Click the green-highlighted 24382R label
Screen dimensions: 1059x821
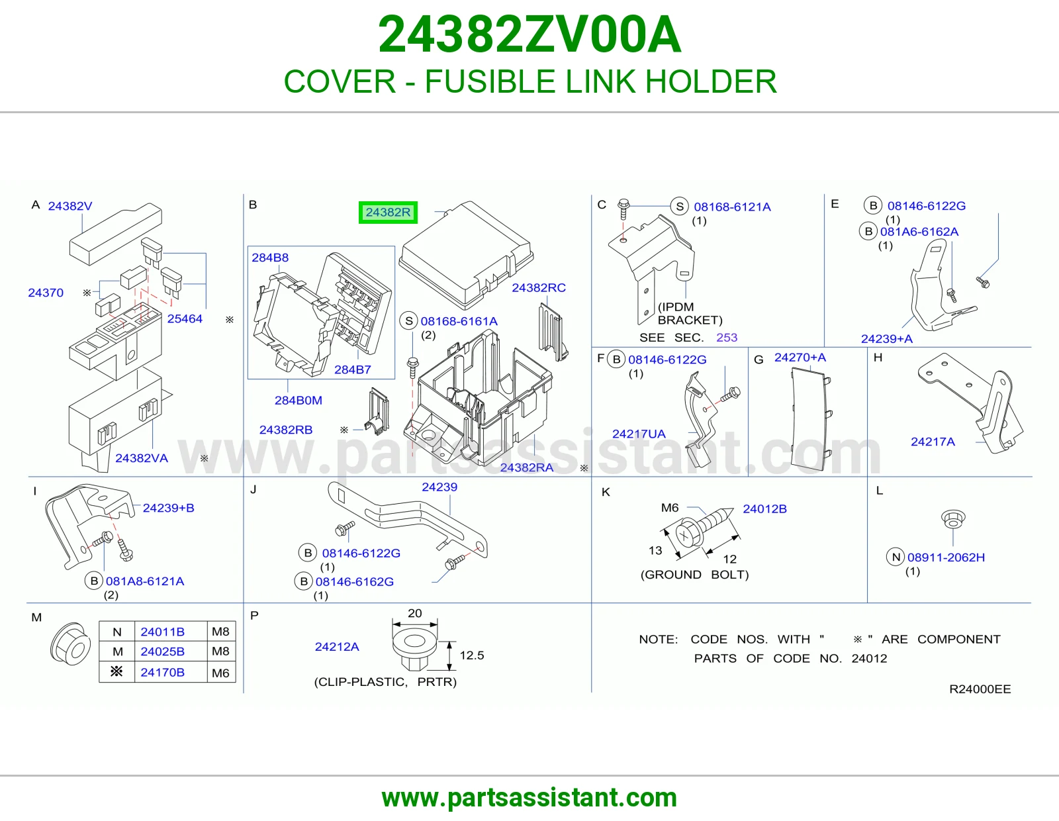click(x=388, y=213)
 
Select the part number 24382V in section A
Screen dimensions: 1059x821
click(x=69, y=206)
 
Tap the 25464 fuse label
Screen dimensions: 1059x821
click(x=185, y=318)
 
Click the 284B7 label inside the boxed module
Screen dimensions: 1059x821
click(x=352, y=369)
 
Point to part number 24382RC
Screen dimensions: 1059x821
click(x=539, y=287)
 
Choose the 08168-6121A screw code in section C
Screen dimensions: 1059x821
click(x=732, y=207)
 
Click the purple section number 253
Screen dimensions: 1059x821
click(x=727, y=338)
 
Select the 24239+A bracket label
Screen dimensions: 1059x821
click(x=886, y=339)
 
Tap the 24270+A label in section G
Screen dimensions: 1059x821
click(x=800, y=358)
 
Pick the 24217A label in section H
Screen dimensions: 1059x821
click(x=933, y=442)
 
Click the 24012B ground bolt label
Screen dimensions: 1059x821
click(x=764, y=509)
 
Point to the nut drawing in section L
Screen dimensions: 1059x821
click(x=953, y=518)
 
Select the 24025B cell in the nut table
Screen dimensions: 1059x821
click(x=162, y=652)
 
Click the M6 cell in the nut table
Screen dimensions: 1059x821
click(x=220, y=673)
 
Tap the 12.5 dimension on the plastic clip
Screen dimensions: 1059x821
click(x=472, y=655)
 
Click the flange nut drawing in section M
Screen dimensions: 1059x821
click(x=70, y=644)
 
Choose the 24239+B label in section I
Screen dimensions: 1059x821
click(x=168, y=508)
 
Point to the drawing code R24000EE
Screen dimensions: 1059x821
click(x=980, y=689)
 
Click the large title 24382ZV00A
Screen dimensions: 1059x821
click(x=529, y=34)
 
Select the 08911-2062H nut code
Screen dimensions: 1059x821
click(x=946, y=557)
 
